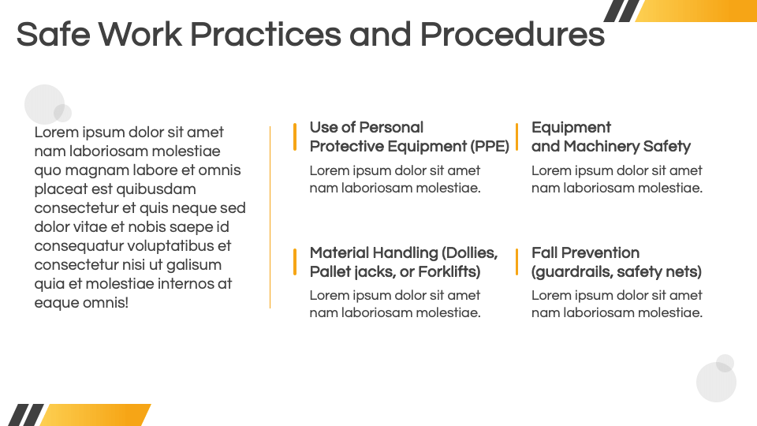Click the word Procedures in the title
pos(513,34)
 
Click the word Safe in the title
pos(53,34)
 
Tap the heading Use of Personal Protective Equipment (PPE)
pos(409,136)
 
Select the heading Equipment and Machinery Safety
pos(610,136)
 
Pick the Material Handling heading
pos(404,262)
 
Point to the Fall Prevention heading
pos(617,262)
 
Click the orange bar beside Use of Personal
pos(294,137)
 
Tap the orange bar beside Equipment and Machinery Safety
pos(516,137)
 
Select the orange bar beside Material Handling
pos(294,262)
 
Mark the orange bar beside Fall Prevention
pos(516,262)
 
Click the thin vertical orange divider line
pos(270,218)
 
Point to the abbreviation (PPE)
pos(490,147)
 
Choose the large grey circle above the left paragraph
pos(44,104)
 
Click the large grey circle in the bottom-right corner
pos(716,382)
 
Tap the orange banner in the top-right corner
pos(695,10)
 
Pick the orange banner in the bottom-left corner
pos(95,415)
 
